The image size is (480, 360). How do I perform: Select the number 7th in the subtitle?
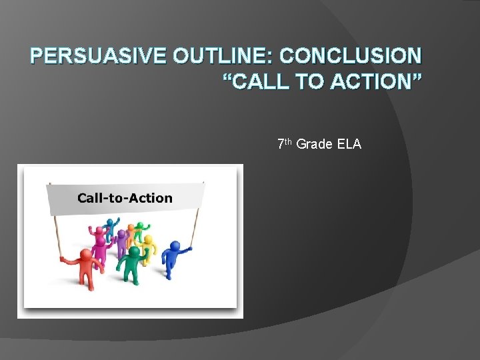(x=285, y=143)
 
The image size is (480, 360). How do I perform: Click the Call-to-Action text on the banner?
(x=125, y=198)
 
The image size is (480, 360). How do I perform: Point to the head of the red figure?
(x=85, y=253)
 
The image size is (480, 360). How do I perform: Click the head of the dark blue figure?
(x=174, y=246)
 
